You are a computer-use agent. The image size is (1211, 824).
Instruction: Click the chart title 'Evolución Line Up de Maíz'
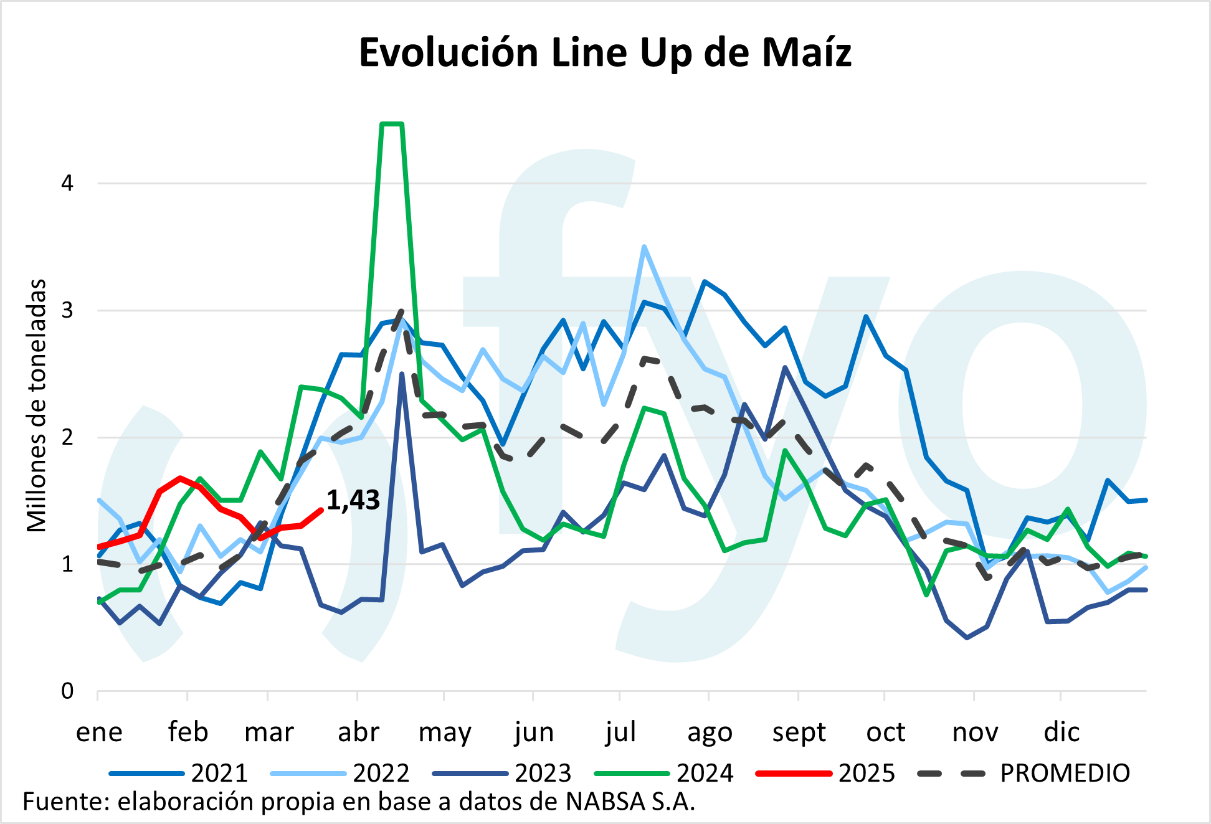tap(605, 52)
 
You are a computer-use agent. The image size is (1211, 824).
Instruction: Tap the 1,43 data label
tap(353, 500)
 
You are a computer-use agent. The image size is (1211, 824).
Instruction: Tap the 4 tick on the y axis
tap(67, 183)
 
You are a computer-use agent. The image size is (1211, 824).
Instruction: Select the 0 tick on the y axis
tap(67, 691)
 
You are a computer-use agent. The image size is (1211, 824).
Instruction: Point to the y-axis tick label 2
tap(67, 437)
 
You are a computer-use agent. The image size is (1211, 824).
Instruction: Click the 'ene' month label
tap(99, 732)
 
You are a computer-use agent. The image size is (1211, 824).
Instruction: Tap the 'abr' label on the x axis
tap(358, 732)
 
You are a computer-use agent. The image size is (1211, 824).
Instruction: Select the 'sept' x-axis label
tap(799, 732)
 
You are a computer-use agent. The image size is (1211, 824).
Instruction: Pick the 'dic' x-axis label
tap(1061, 732)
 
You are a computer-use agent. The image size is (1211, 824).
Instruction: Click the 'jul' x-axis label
tap(620, 732)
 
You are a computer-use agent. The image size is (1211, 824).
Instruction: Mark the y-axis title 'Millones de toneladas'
tap(37, 405)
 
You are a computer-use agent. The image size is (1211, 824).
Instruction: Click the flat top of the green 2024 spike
tap(392, 124)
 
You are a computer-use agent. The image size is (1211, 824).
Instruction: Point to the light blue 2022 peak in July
tap(644, 247)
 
